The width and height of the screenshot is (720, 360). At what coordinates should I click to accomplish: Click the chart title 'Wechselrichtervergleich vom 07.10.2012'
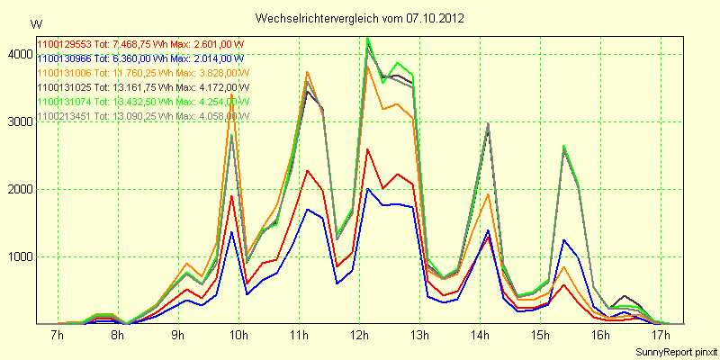coord(360,18)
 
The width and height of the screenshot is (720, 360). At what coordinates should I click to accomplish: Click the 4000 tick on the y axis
coord(18,54)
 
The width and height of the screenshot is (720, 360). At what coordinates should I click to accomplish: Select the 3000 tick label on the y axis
coord(18,121)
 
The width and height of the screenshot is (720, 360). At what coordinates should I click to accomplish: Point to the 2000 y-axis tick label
coord(18,189)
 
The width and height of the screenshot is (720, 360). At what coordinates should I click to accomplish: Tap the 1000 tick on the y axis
coord(18,256)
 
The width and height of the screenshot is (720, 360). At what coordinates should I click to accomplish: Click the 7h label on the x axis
coord(57,336)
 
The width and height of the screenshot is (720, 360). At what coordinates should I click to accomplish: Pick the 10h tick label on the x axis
coord(238,336)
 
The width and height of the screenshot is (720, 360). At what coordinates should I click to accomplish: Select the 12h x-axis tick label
coord(359,336)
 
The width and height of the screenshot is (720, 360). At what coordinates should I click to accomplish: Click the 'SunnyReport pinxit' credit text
coord(675,351)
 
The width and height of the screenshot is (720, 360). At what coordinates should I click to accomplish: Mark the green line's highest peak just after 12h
coord(367,38)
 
